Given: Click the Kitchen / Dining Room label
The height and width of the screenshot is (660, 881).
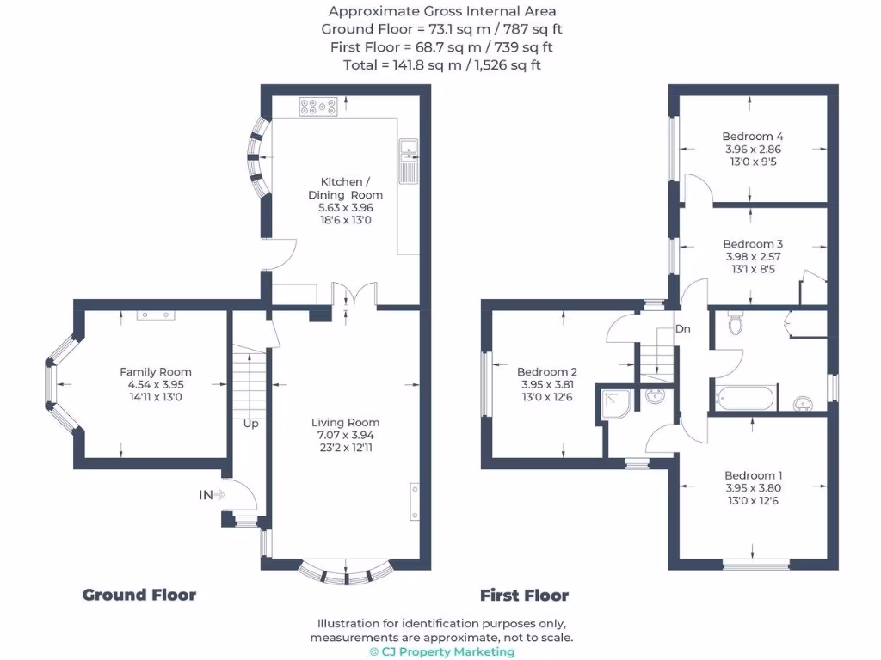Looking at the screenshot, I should (x=345, y=188).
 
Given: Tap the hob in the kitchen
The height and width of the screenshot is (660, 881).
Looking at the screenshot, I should (x=317, y=107).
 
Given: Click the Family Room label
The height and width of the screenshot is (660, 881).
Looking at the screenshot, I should (x=156, y=372).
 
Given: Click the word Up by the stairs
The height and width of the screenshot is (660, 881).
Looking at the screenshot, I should (x=250, y=423).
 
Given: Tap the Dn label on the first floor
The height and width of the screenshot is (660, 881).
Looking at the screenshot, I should (x=682, y=328).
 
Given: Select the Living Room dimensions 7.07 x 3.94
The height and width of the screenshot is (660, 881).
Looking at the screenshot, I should (x=345, y=436).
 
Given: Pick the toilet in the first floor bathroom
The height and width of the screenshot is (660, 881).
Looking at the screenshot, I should (x=736, y=325).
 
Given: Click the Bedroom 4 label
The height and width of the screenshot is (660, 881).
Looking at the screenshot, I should (x=753, y=137).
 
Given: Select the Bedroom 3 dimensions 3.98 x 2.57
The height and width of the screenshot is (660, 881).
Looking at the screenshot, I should (x=753, y=257).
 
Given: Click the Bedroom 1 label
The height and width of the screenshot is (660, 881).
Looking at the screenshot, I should (x=754, y=475).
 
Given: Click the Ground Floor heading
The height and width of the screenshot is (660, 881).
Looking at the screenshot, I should (x=139, y=595).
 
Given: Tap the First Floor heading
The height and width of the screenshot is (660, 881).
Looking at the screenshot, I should (x=524, y=595).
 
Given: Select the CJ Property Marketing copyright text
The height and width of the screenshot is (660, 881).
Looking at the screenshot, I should (x=441, y=651).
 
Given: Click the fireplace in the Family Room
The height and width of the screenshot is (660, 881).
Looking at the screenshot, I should (x=156, y=315).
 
